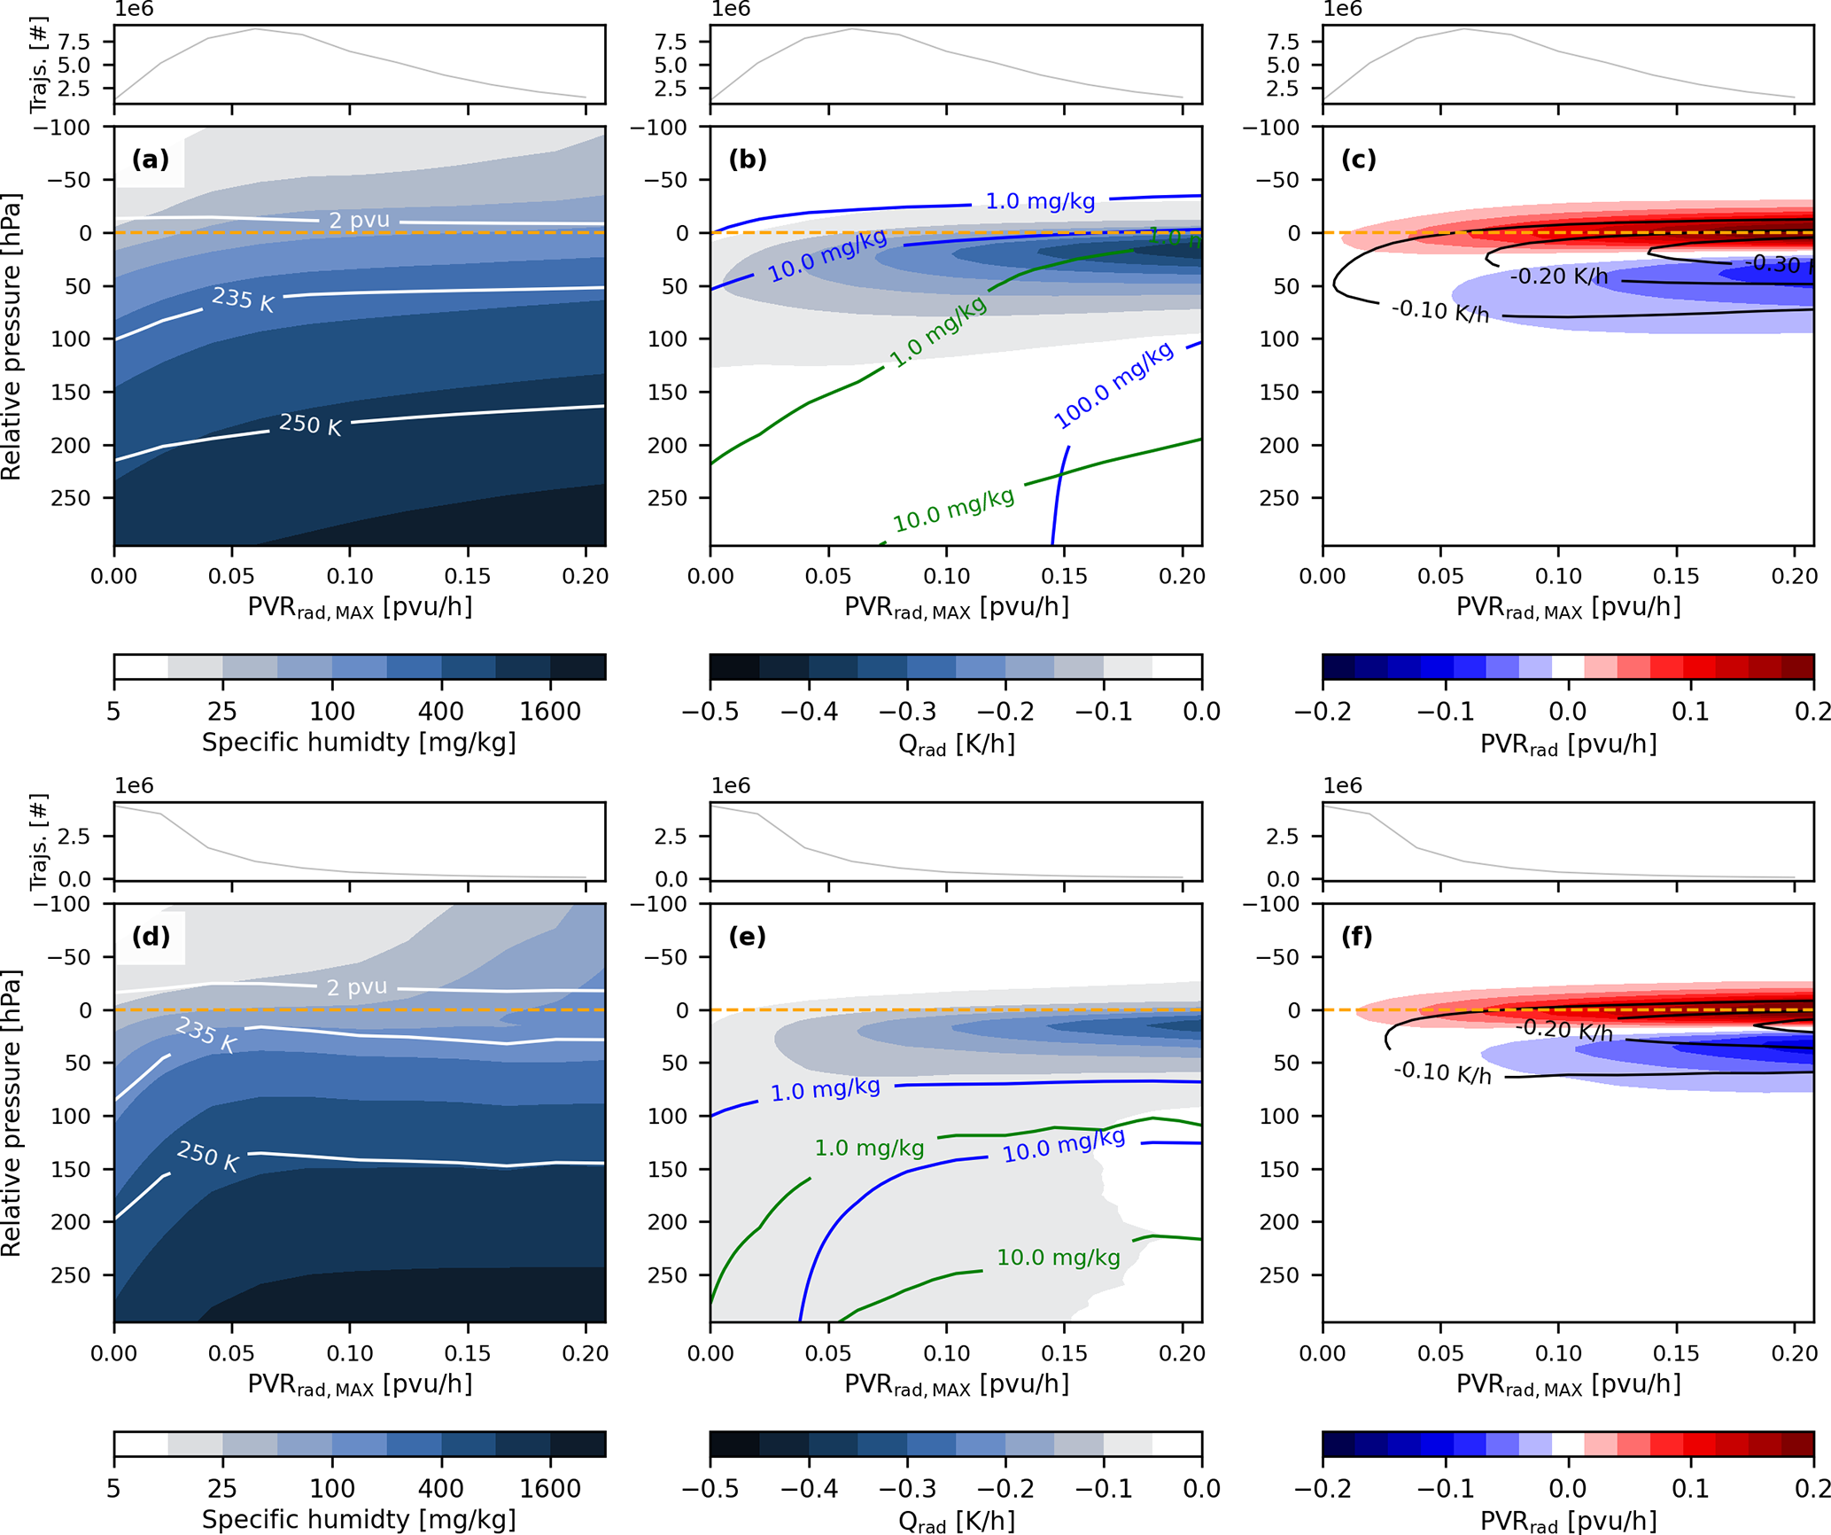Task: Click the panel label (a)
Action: (x=150, y=160)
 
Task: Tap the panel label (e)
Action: (x=747, y=937)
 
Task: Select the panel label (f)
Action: (x=1357, y=937)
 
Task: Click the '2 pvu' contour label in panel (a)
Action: (x=359, y=220)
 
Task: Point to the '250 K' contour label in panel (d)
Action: (x=208, y=1156)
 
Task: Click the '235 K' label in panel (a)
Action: (x=243, y=299)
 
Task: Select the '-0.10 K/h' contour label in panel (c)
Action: (x=1440, y=311)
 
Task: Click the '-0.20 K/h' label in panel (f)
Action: (x=1563, y=1030)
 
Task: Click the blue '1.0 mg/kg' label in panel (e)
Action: (x=825, y=1089)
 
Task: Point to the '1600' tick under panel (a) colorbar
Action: (x=550, y=712)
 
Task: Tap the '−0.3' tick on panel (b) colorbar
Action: (x=906, y=712)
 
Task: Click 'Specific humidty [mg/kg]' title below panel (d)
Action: (x=359, y=1519)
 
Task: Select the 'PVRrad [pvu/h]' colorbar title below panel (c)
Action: (x=1568, y=744)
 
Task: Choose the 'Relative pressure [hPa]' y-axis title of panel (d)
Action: (x=12, y=1113)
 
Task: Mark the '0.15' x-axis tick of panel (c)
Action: (x=1676, y=576)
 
